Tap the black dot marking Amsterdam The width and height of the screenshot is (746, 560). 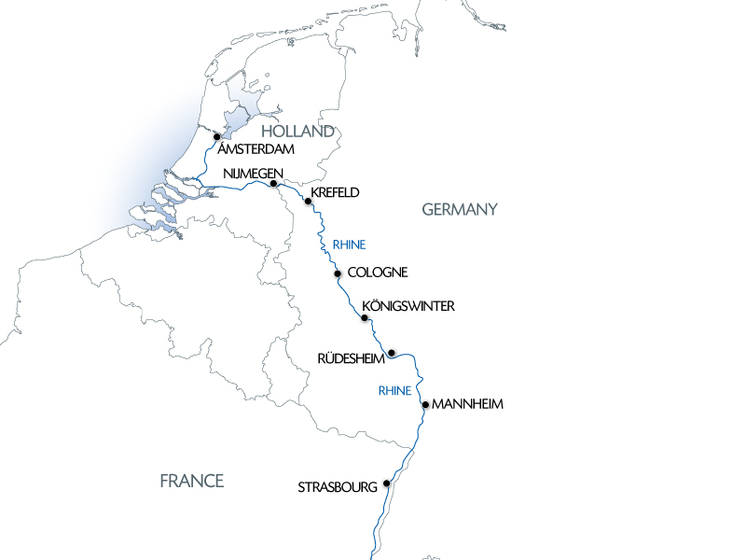216,136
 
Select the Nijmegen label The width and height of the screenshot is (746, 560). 254,174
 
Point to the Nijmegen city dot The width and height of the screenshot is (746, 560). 273,184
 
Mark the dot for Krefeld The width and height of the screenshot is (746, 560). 308,201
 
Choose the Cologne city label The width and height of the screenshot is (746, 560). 377,273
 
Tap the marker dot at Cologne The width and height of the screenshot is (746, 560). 338,273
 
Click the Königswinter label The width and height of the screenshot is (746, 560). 408,306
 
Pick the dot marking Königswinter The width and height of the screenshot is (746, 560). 365,318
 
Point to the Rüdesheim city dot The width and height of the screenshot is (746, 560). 392,353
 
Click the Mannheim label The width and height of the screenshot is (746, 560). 468,405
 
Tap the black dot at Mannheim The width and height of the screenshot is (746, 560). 425,405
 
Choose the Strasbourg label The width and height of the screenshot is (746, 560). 338,487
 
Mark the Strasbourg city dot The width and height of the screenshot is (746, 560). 386,483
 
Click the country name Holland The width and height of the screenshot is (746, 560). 297,132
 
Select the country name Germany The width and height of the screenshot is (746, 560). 461,209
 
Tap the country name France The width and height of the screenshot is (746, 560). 192,481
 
